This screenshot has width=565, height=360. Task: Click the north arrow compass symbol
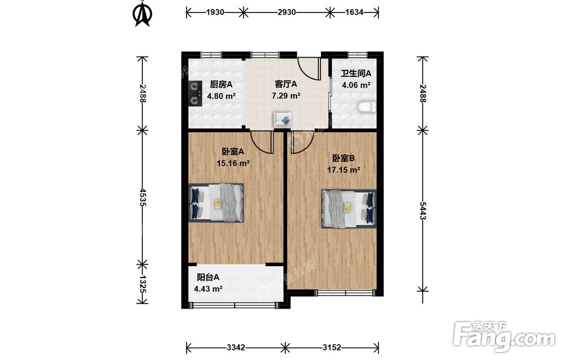tap(143, 15)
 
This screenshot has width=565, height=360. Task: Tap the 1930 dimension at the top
tap(215, 12)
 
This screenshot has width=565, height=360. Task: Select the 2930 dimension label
tap(287, 12)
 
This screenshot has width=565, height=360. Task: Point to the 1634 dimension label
tap(354, 12)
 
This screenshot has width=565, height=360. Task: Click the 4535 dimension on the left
tap(142, 197)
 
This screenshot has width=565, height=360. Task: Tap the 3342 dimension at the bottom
tap(236, 348)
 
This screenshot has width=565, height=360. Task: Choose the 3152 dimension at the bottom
tap(332, 348)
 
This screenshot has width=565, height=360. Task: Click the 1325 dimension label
tap(142, 284)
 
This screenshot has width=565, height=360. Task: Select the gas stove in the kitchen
tap(195, 93)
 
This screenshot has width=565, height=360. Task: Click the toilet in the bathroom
tap(367, 107)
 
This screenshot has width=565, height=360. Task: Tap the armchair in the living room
tap(283, 119)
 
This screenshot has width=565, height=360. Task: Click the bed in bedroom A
tap(216, 202)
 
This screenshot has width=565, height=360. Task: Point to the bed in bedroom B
tap(349, 209)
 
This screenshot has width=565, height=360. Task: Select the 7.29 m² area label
tap(286, 96)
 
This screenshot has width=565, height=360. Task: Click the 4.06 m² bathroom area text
tap(356, 85)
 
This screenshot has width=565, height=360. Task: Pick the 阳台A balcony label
tap(208, 277)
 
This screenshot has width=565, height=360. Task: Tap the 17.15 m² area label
tap(344, 170)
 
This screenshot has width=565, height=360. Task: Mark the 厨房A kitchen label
tap(221, 85)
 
